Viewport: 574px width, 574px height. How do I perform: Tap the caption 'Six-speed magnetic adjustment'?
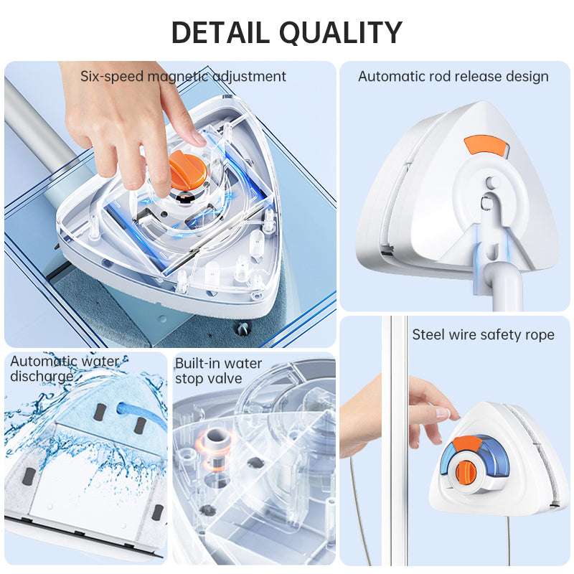[183, 76]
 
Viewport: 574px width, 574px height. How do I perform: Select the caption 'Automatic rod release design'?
[453, 76]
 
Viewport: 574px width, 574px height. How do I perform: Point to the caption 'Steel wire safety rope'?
[483, 334]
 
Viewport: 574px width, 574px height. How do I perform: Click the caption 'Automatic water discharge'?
[65, 369]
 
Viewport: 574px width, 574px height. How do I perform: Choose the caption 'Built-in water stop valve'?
[219, 371]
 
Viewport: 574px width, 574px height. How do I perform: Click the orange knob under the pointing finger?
[186, 172]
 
